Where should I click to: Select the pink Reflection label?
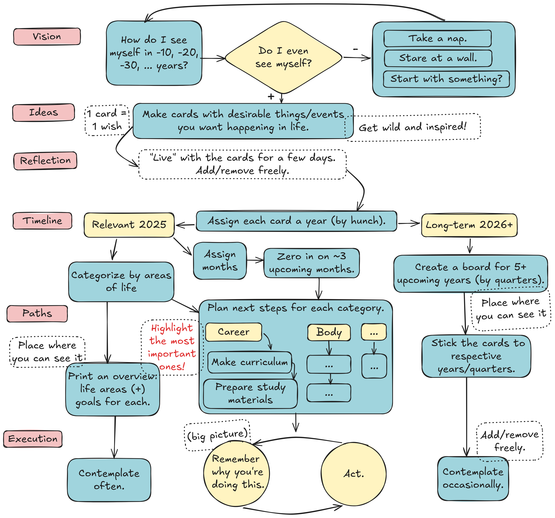click(x=45, y=160)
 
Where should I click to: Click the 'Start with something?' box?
click(x=446, y=79)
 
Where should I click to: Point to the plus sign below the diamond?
click(x=271, y=97)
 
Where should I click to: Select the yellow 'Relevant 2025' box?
click(x=129, y=225)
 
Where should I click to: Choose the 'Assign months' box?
click(x=220, y=261)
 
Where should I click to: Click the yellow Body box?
click(x=329, y=332)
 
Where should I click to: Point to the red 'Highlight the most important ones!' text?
click(x=172, y=347)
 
